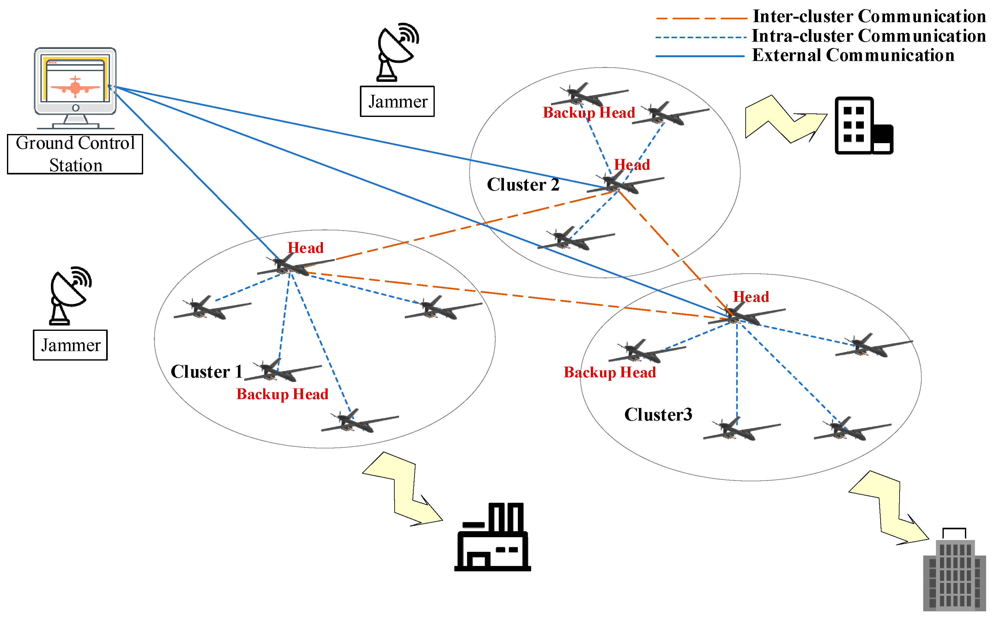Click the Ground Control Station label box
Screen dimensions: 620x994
point(75,154)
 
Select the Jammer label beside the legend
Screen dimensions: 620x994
point(397,101)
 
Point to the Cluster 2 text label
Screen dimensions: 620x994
point(523,185)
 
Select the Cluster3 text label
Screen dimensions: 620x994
point(658,415)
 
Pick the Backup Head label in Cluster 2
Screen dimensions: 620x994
point(589,113)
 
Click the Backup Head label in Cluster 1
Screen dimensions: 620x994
point(282,394)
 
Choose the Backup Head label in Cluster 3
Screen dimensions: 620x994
point(609,372)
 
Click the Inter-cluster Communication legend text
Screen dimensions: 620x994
point(869,16)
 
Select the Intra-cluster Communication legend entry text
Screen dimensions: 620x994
point(868,36)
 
